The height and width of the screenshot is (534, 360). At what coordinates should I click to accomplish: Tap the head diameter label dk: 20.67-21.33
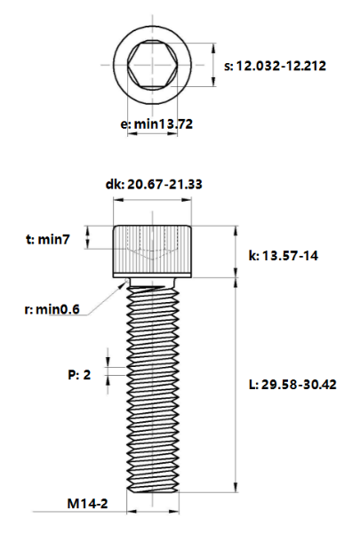(153, 184)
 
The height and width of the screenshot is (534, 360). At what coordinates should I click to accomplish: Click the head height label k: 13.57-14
(283, 256)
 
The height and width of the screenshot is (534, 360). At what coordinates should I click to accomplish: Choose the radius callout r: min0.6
(52, 309)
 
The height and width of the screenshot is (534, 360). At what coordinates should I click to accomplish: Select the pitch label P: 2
(80, 375)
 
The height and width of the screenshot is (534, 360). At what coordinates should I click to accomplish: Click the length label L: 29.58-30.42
(294, 384)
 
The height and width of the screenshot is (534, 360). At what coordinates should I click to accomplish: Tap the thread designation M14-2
(87, 504)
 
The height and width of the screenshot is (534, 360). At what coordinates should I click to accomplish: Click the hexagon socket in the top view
(153, 66)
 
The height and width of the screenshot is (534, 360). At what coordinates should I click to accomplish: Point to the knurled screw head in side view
(153, 251)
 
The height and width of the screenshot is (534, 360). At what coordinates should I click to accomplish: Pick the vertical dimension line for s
(213, 66)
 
